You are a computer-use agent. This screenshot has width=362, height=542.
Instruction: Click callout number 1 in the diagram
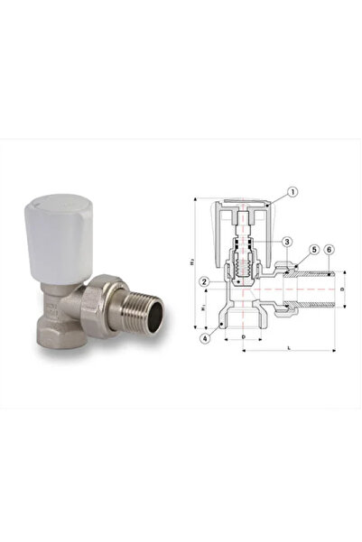[x=292, y=192]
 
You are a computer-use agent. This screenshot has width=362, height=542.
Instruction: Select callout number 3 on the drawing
[x=285, y=242]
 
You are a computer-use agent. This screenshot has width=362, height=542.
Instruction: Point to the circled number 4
[x=210, y=339]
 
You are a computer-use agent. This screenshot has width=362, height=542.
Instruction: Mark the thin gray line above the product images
[x=181, y=138]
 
